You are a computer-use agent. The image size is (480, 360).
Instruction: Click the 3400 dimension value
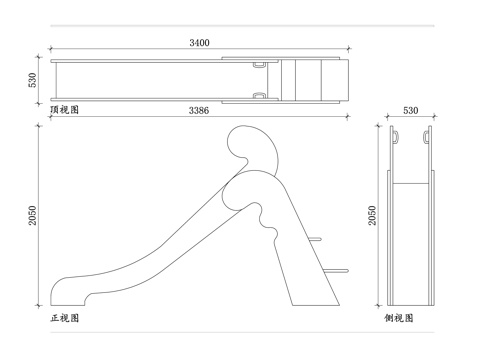(199, 43)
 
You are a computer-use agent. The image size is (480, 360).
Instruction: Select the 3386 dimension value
(198, 110)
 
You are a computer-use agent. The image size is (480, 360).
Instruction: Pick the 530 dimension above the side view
(410, 110)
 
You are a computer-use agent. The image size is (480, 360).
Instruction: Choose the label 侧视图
(399, 318)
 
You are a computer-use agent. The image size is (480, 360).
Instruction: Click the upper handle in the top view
(260, 63)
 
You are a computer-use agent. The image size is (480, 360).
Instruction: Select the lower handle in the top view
(260, 96)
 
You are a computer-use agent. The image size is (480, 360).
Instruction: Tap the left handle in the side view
(395, 134)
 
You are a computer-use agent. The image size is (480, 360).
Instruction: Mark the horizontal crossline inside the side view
(411, 185)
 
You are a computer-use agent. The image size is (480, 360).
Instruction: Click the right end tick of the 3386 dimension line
(346, 117)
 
